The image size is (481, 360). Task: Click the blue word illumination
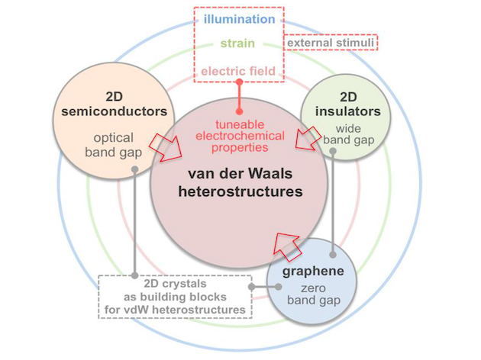(x=239, y=18)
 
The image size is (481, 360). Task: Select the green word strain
(x=239, y=43)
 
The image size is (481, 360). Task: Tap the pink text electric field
(x=239, y=72)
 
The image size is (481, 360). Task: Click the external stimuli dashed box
(x=331, y=43)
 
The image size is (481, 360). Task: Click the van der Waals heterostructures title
(x=240, y=182)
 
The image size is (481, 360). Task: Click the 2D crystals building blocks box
(x=176, y=296)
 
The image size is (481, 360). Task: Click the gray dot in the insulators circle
(x=334, y=153)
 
